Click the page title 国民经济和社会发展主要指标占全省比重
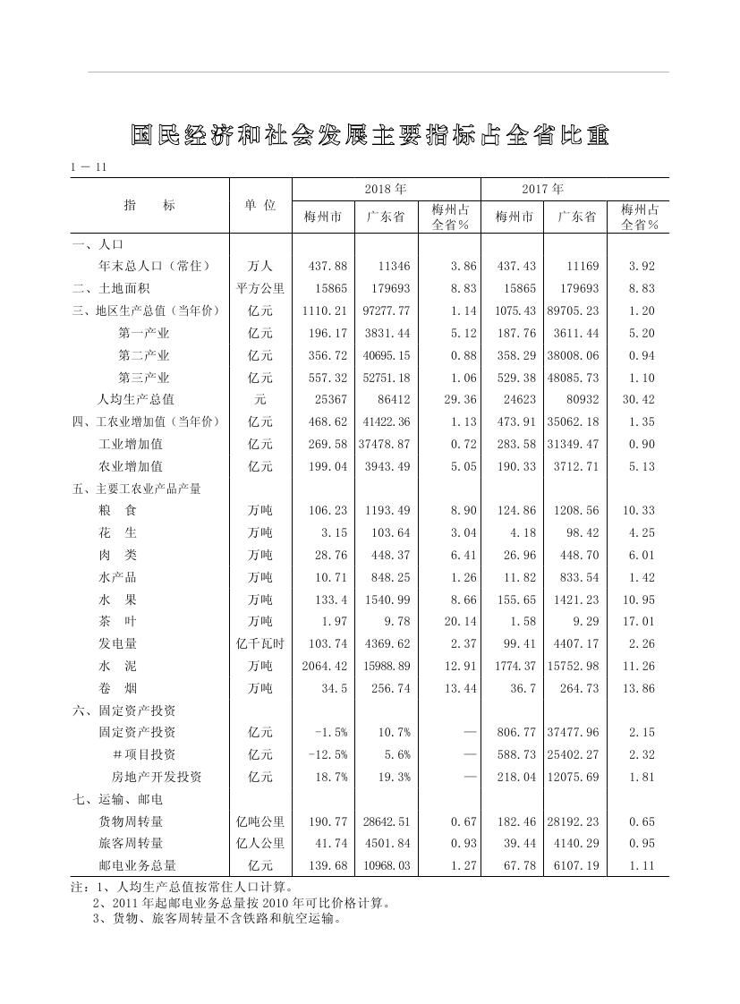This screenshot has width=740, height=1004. click(x=370, y=135)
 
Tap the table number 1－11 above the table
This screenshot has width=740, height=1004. click(x=89, y=167)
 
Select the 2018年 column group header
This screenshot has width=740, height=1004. click(x=386, y=190)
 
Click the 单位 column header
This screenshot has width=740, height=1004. click(x=260, y=205)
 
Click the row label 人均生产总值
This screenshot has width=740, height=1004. click(x=136, y=399)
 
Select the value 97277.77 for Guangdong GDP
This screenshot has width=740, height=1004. click(x=386, y=311)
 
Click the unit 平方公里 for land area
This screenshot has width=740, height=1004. click(x=260, y=289)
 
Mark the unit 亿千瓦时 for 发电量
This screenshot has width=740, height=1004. click(x=260, y=643)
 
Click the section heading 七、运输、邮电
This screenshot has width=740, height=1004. click(x=117, y=799)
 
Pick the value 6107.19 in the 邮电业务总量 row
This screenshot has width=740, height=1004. click(x=575, y=865)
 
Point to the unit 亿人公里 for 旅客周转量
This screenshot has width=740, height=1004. click(x=260, y=843)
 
